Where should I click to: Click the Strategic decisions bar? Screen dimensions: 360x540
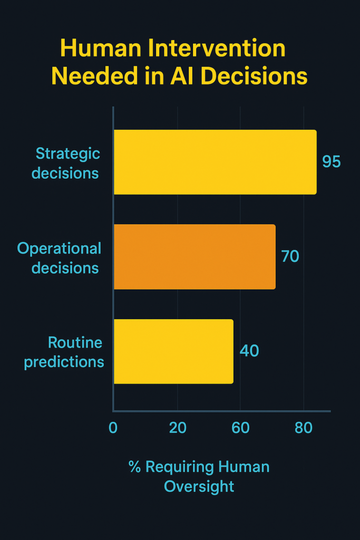tap(215, 162)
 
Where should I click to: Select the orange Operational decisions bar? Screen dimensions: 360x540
tap(195, 257)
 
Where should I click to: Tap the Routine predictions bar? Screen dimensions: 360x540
tap(173, 351)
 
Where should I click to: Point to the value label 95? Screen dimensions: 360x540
tap(332, 161)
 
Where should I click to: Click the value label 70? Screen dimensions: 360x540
tap(290, 256)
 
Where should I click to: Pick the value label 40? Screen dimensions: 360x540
tap(249, 351)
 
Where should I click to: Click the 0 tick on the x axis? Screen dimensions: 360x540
tap(113, 428)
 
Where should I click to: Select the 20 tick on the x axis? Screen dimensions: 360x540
tap(178, 428)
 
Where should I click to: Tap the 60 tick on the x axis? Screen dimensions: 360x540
tap(240, 428)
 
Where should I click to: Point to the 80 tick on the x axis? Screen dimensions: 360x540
tap(304, 428)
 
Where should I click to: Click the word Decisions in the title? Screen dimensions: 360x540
tap(254, 76)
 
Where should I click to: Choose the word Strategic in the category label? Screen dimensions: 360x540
tap(68, 154)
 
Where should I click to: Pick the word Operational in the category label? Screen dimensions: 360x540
tap(59, 249)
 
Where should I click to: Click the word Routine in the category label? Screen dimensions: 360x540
tap(75, 343)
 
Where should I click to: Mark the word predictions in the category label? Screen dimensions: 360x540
tap(64, 362)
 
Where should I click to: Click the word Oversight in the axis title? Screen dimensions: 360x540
tap(199, 487)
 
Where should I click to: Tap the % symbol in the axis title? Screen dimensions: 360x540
tap(134, 467)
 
